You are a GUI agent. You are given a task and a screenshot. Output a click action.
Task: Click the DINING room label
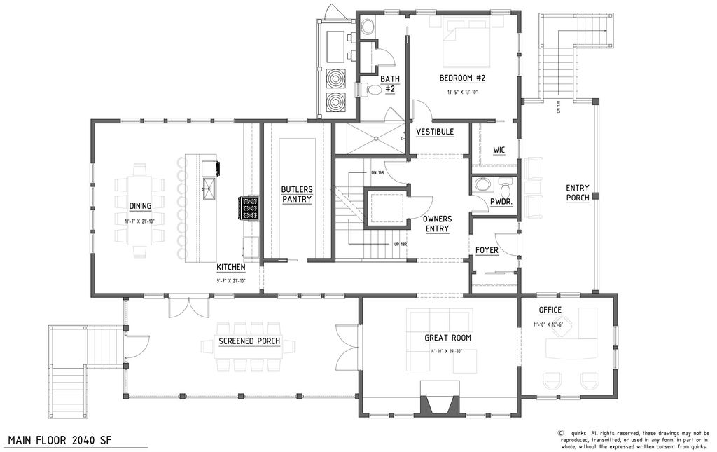[x=140, y=205]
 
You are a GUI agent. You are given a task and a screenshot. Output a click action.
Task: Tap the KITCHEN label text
[x=230, y=268]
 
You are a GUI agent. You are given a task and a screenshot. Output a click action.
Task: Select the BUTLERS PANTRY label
[x=296, y=194]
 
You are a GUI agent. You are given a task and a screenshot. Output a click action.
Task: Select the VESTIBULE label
[x=435, y=132]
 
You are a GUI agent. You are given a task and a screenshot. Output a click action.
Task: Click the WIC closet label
[x=499, y=149]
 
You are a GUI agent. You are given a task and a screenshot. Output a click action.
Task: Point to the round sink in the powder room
[x=482, y=185]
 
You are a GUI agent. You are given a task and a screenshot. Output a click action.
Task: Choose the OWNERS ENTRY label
[x=436, y=224]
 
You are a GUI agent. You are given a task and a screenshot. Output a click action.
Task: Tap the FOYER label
[x=487, y=250]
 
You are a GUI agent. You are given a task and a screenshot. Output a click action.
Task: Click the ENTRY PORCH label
[x=578, y=193]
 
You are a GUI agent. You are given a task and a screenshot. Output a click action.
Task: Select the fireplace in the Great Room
[x=440, y=399]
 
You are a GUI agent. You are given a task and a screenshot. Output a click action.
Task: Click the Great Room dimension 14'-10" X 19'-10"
[x=447, y=352]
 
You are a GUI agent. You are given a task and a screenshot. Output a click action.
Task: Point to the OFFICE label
[x=550, y=310]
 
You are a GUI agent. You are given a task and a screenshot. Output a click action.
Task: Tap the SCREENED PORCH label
[x=249, y=342]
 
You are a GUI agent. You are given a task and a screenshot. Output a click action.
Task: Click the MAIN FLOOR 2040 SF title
[x=59, y=440]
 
